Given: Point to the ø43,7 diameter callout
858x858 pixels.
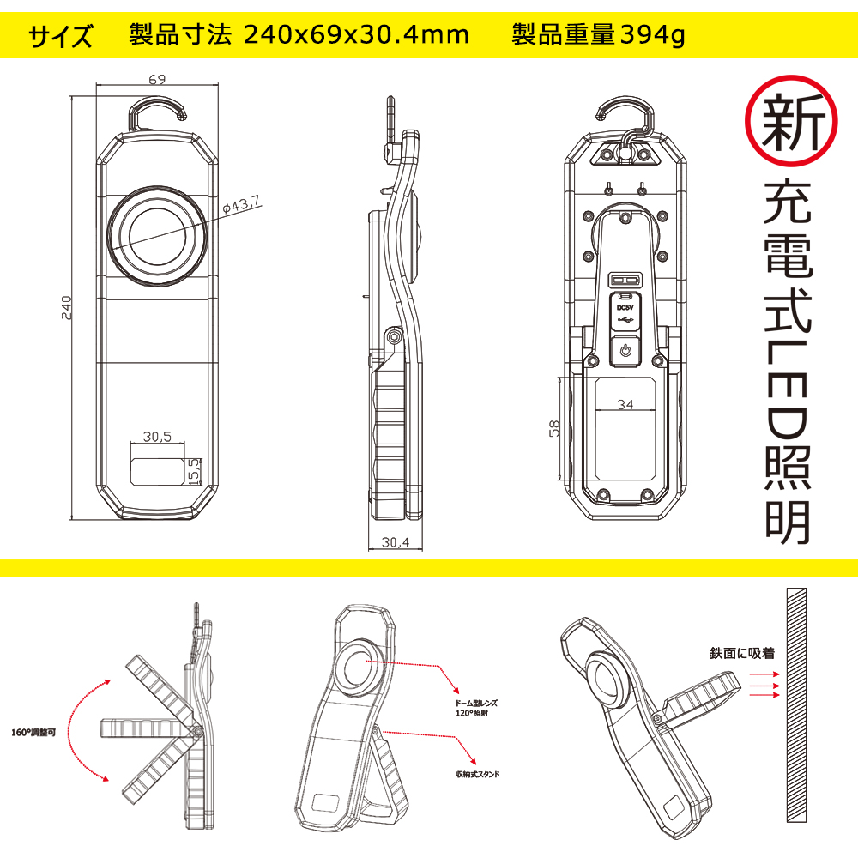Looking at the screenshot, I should coord(242,204).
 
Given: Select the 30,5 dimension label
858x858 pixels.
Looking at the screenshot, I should coord(158,437).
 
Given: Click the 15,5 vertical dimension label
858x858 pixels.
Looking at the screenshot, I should coord(194,469).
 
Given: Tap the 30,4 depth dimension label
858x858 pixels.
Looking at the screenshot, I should coord(396,541).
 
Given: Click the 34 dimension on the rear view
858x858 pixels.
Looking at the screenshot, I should coord(625,405).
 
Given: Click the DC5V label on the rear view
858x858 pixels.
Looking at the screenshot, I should coord(625,305).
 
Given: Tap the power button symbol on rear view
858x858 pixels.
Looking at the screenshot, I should coord(625,351).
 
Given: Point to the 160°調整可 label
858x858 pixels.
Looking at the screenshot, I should coord(34,734).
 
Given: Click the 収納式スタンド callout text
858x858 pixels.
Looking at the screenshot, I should coord(477,773).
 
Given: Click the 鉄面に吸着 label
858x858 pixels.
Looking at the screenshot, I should coord(742,653).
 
